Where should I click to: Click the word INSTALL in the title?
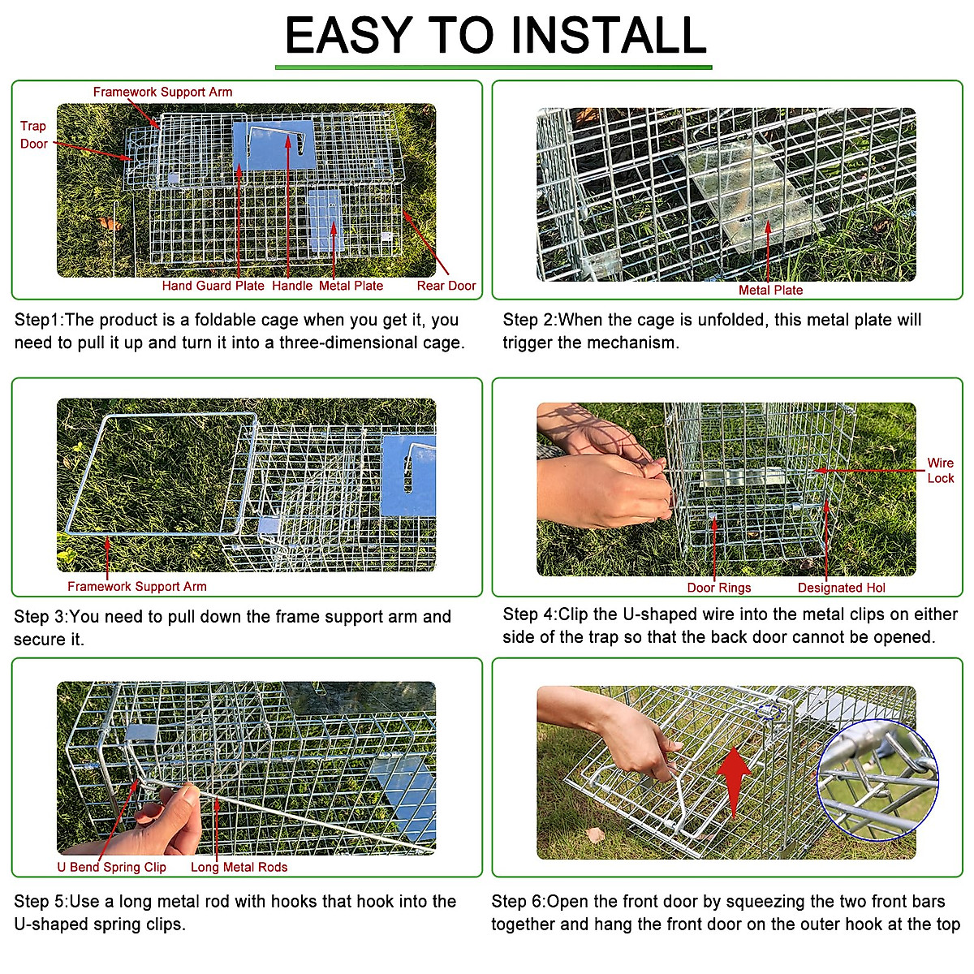click(609, 36)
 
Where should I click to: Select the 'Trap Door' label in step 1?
click(33, 135)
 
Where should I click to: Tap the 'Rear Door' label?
click(446, 286)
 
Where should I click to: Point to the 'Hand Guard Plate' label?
click(213, 286)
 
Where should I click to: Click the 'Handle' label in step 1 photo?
click(291, 286)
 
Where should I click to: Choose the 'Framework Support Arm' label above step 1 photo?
click(162, 93)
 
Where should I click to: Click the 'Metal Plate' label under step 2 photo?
click(770, 290)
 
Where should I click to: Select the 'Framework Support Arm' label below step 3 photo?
click(136, 586)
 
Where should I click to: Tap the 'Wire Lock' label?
click(940, 471)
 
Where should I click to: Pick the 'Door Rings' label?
click(718, 588)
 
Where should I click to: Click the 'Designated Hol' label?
click(841, 588)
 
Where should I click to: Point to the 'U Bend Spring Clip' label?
click(111, 867)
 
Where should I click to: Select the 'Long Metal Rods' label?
click(239, 867)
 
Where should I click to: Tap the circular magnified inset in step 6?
click(877, 779)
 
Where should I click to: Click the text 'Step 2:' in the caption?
click(529, 320)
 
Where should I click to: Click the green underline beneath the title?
click(493, 67)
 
